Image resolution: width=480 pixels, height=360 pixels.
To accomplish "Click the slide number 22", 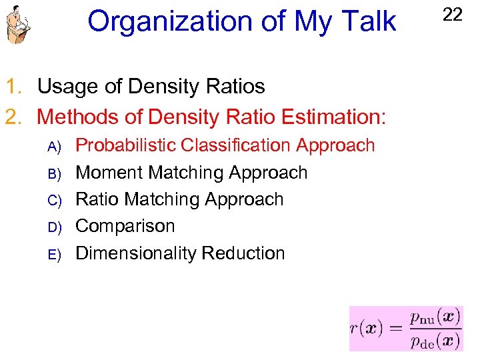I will click(x=452, y=14).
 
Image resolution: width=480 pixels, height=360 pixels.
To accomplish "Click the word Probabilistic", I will click(x=125, y=145).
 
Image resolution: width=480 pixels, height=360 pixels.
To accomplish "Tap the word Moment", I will click(x=109, y=173).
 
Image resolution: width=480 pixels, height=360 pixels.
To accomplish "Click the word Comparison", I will click(x=125, y=226).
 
